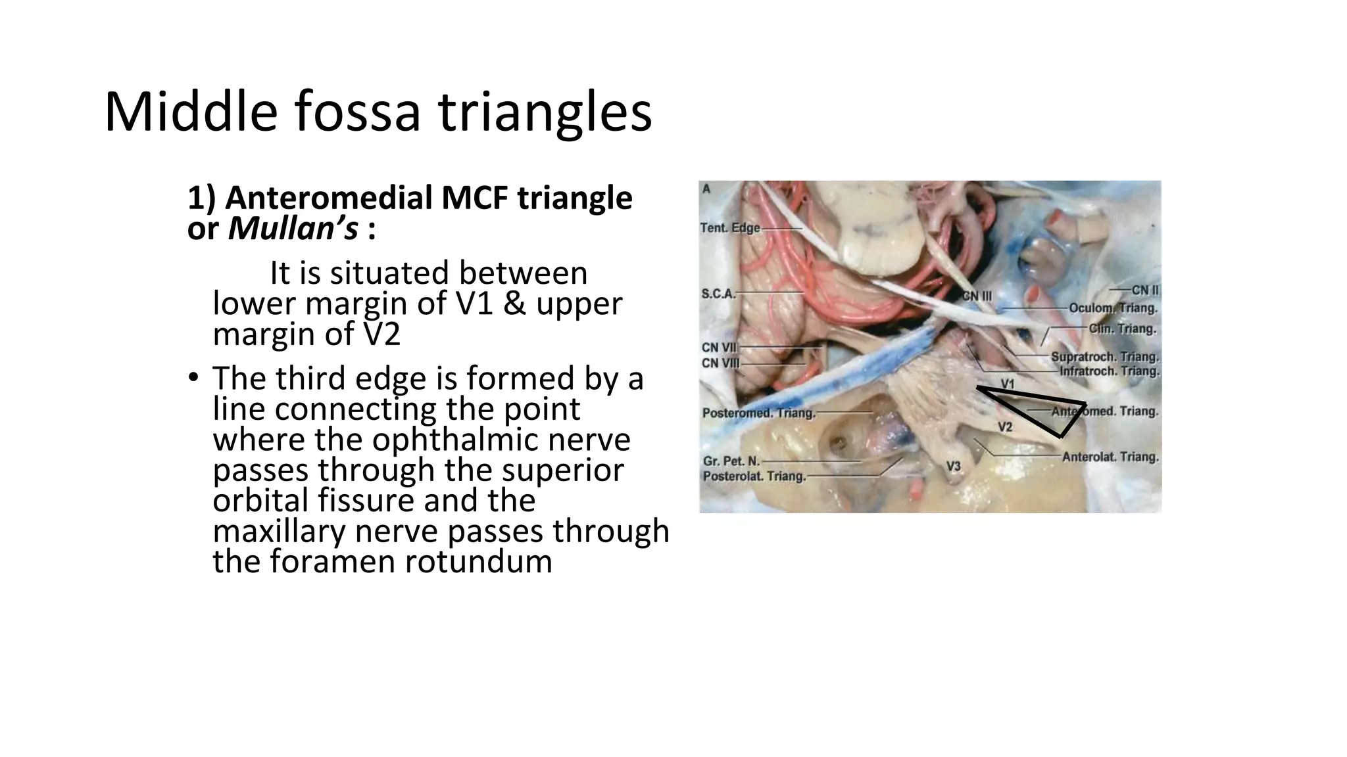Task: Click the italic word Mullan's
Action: point(293,229)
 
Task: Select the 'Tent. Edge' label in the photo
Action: point(730,228)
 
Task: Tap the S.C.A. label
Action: point(718,294)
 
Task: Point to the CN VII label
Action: point(720,348)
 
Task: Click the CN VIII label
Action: point(721,363)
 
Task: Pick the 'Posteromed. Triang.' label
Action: point(758,413)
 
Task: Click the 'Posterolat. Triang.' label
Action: point(754,476)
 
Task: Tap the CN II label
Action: point(1145,290)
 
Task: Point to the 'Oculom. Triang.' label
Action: point(1113,308)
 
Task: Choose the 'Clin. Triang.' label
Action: point(1123,329)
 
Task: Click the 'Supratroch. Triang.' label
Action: point(1105,357)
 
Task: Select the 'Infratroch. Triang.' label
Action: point(1109,371)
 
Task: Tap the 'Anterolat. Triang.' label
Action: point(1110,457)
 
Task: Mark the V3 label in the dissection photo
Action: point(953,466)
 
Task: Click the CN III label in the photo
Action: point(977,296)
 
